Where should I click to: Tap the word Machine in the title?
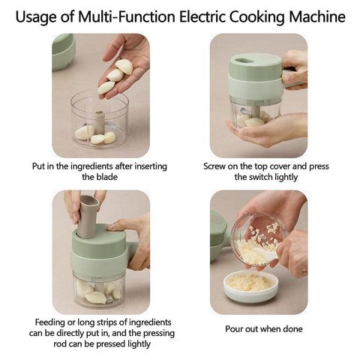(317, 16)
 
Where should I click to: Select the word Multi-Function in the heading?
(127, 16)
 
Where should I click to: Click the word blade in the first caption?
(106, 177)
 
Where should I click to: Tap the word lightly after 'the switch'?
(286, 178)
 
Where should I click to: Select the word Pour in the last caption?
(234, 328)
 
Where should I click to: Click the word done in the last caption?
(292, 328)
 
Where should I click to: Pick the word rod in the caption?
(60, 344)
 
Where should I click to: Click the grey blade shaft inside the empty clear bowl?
(100, 122)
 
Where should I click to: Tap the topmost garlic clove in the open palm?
(124, 66)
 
